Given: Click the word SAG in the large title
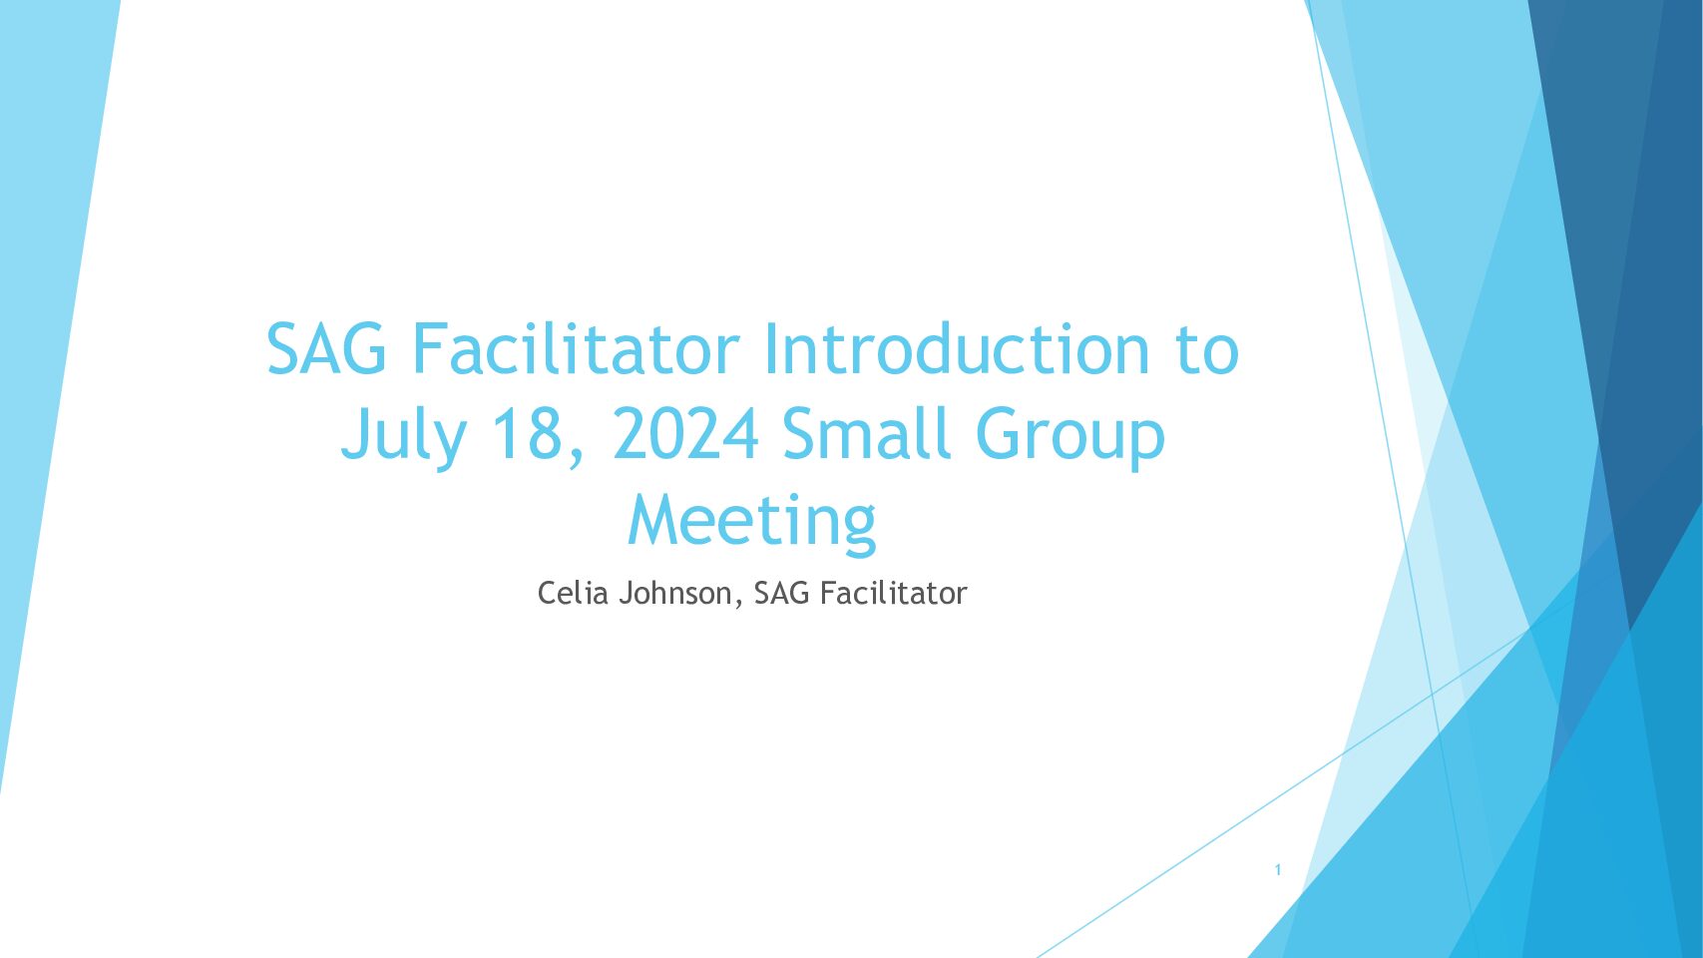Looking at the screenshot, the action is (327, 348).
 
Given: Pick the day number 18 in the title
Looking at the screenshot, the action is (526, 433).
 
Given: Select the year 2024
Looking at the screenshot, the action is (685, 433).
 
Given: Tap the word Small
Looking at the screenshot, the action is (866, 432).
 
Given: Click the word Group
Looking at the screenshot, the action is (1070, 438).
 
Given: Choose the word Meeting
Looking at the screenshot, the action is (752, 523).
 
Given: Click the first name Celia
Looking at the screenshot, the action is (574, 593).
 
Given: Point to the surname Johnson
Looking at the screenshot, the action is (675, 593).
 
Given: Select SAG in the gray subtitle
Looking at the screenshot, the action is (781, 593).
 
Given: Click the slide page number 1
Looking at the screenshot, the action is (1278, 870).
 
